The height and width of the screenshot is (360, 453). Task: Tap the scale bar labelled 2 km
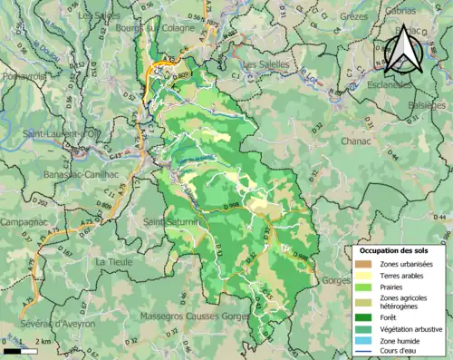[19, 349]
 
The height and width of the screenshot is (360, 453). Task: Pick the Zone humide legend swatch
[365, 341]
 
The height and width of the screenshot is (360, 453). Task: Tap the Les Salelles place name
[267, 64]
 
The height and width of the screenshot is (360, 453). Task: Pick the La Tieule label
[115, 261]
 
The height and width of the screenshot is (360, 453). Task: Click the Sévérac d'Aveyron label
[42, 325]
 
